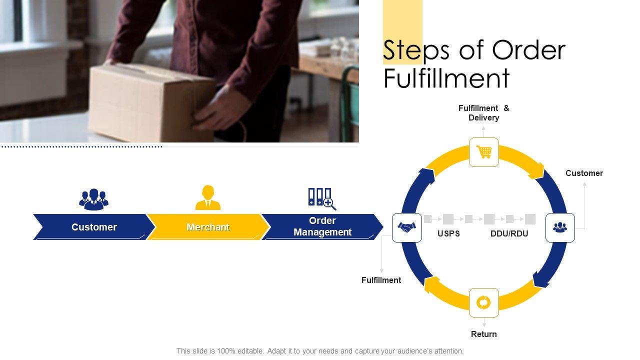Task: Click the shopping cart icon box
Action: click(x=483, y=152)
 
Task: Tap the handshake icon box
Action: click(x=407, y=227)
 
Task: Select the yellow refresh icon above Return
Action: click(x=483, y=302)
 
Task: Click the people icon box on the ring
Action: click(x=560, y=227)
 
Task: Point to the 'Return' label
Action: click(x=483, y=334)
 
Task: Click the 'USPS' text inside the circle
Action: click(x=448, y=233)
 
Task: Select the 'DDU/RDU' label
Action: click(x=509, y=233)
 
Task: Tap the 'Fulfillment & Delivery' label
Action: click(x=483, y=113)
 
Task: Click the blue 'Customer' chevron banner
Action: click(x=94, y=227)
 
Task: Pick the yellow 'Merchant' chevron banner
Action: click(x=208, y=227)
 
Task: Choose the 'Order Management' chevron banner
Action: click(x=322, y=227)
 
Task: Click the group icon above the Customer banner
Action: click(x=93, y=199)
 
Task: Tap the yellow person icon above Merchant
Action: click(x=207, y=197)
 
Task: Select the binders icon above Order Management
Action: click(x=322, y=199)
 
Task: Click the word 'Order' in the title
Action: click(x=528, y=50)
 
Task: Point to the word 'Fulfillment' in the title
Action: click(x=446, y=77)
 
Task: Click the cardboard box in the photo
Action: click(x=151, y=103)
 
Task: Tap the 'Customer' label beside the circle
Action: click(x=584, y=173)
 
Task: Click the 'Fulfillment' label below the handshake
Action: click(x=381, y=280)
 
